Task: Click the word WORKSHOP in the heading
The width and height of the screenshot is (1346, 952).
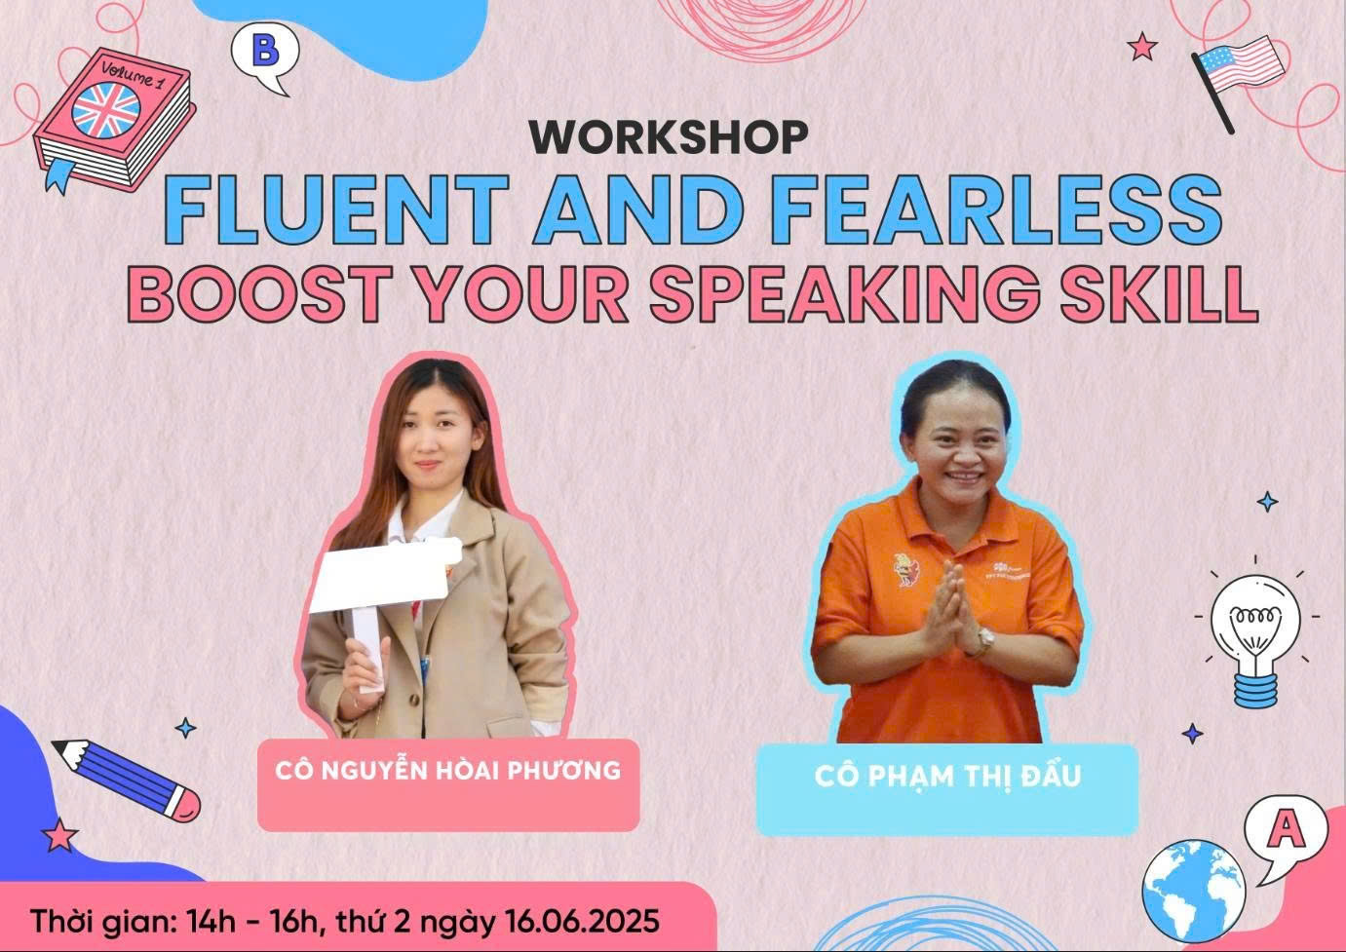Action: tap(669, 137)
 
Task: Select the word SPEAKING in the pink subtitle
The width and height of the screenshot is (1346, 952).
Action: tap(844, 293)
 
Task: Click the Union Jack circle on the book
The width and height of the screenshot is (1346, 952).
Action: tap(106, 110)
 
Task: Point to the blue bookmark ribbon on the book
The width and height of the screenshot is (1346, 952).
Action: tap(58, 175)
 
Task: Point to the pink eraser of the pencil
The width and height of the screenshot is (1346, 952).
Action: tap(186, 804)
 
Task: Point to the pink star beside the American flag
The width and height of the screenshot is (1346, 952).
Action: tap(1141, 46)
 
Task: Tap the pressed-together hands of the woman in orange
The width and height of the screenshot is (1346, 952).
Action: tap(949, 607)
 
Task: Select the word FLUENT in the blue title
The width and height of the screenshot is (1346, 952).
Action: tap(336, 209)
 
